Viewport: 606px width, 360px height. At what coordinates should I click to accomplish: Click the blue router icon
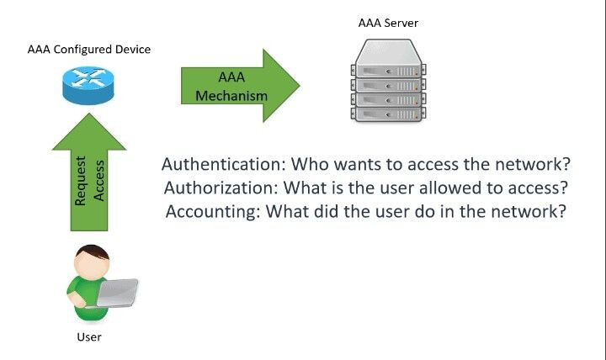point(88,85)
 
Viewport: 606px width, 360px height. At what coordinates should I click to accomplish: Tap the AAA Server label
point(388,24)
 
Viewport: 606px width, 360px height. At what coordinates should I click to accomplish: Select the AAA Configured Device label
point(89,50)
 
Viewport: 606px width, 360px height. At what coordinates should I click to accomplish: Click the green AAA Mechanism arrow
point(241,85)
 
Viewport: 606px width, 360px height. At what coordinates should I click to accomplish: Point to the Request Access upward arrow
point(89,172)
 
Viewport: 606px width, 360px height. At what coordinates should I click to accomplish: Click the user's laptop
point(116,293)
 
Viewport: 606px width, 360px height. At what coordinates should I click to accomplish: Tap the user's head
point(92,261)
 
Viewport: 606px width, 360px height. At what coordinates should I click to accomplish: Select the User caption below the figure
point(89,337)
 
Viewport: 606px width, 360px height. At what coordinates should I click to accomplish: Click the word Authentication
point(223,164)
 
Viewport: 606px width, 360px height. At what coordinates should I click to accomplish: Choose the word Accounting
point(213,212)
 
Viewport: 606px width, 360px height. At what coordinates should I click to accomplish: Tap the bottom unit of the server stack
point(388,114)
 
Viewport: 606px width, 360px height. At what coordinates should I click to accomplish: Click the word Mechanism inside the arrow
point(231,96)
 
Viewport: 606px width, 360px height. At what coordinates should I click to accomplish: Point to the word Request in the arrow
point(80,181)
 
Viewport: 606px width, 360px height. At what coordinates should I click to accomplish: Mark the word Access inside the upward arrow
point(99,180)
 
